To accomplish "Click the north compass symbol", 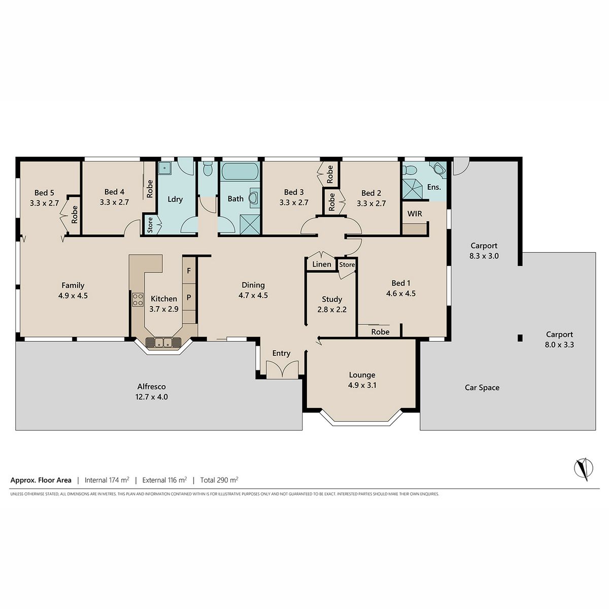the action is [x=584, y=468].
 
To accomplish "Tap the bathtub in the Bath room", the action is [x=240, y=171].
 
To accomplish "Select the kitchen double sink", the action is [x=163, y=342].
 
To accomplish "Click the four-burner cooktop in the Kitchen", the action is [x=138, y=299].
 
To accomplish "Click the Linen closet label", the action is [x=322, y=264].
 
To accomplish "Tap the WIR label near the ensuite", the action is [x=414, y=214].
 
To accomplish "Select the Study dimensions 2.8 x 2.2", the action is [x=332, y=310].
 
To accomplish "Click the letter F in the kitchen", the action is [x=189, y=270].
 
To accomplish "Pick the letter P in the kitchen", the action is [x=189, y=297].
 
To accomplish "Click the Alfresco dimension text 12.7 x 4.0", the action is [x=152, y=397].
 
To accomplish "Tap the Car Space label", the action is [x=482, y=387].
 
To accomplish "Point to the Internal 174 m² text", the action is [x=107, y=480].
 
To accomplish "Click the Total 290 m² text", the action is [x=219, y=480].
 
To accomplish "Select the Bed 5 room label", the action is [x=44, y=192].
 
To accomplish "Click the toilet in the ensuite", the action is [x=410, y=170].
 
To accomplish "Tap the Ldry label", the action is [x=175, y=199].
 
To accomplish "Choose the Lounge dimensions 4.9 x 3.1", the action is [x=362, y=385].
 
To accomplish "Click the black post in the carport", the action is [x=520, y=338].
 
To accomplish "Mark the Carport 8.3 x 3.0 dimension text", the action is [x=484, y=256].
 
